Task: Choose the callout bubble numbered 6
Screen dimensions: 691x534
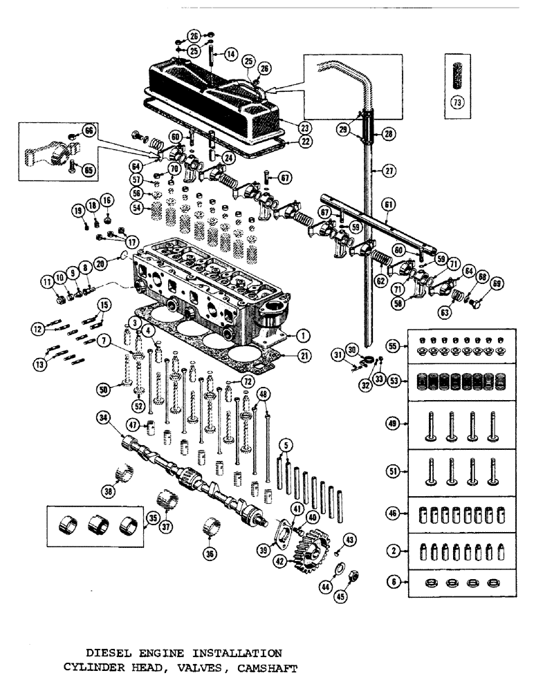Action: point(394,583)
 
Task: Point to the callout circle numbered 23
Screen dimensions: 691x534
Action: point(306,128)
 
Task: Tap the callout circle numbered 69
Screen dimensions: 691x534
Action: point(497,284)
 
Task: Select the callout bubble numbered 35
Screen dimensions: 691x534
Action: point(153,517)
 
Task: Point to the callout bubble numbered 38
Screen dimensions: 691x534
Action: point(109,492)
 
